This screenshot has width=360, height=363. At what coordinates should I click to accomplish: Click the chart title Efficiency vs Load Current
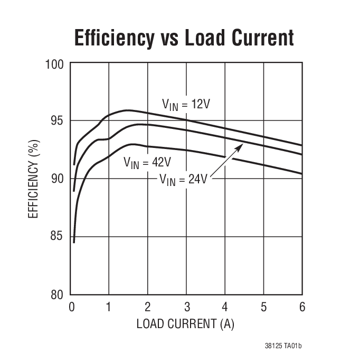[x=184, y=38]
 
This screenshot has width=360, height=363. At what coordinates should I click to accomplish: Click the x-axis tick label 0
[x=72, y=307]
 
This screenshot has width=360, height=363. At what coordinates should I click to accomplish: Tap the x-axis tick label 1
[x=109, y=307]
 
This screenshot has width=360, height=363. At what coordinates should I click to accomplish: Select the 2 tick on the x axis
[x=148, y=307]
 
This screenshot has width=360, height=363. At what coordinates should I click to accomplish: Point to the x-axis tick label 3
[x=186, y=307]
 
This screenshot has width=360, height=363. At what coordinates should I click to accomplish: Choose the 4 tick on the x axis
[x=225, y=307]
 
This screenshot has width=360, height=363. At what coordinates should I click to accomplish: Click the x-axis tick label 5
[x=263, y=307]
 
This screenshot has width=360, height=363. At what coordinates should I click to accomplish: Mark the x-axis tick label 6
[x=302, y=307]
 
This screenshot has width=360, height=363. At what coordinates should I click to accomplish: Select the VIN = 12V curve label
[x=186, y=105]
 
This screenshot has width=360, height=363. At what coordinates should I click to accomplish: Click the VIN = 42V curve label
[x=147, y=162]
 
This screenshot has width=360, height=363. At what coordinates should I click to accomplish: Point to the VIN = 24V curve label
[x=184, y=179]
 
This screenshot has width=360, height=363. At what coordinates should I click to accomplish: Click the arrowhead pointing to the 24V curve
[x=240, y=145]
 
